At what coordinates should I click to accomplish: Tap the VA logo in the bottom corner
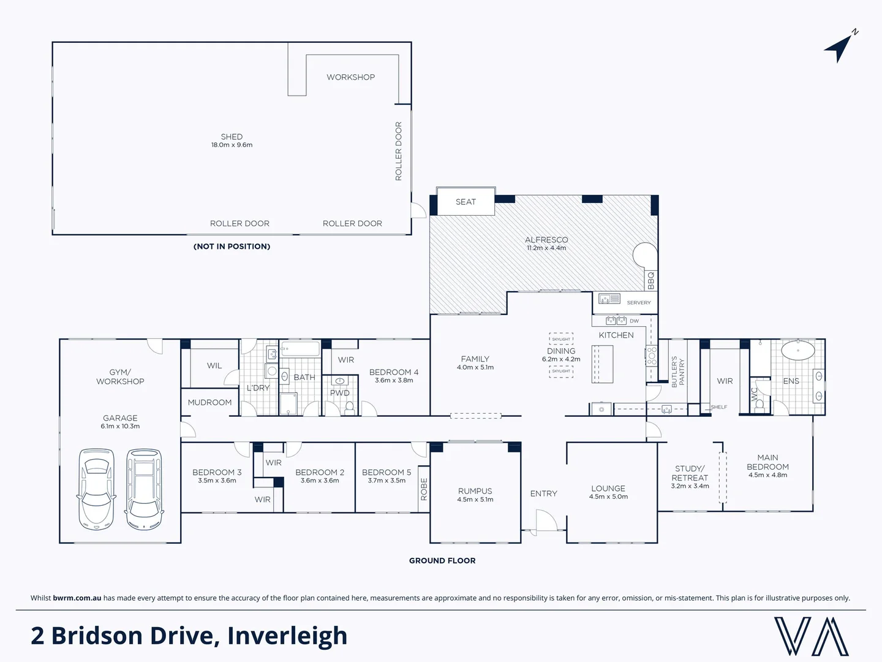pyautogui.click(x=811, y=636)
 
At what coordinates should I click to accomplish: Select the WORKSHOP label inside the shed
pyautogui.click(x=350, y=77)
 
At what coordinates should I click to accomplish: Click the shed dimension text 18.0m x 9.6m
pyautogui.click(x=232, y=145)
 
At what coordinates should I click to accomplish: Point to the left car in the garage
pyautogui.click(x=96, y=489)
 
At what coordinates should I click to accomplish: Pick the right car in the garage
pyautogui.click(x=144, y=489)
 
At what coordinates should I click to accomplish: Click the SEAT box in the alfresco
pyautogui.click(x=466, y=202)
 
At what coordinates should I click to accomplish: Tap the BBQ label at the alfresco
pyautogui.click(x=651, y=280)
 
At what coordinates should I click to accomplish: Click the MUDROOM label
pyautogui.click(x=209, y=403)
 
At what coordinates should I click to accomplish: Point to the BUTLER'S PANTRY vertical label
pyautogui.click(x=677, y=372)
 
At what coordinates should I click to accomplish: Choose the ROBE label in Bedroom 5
pyautogui.click(x=424, y=489)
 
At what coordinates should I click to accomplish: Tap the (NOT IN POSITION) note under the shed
pyautogui.click(x=232, y=246)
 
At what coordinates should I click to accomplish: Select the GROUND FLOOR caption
pyautogui.click(x=442, y=561)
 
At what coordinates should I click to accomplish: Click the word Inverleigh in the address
pyautogui.click(x=287, y=636)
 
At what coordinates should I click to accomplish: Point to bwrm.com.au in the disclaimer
pyautogui.click(x=77, y=598)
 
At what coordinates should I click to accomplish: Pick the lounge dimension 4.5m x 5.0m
pyautogui.click(x=608, y=497)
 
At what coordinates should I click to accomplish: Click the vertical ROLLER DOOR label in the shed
pyautogui.click(x=399, y=151)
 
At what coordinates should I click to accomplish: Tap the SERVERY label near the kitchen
pyautogui.click(x=639, y=303)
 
